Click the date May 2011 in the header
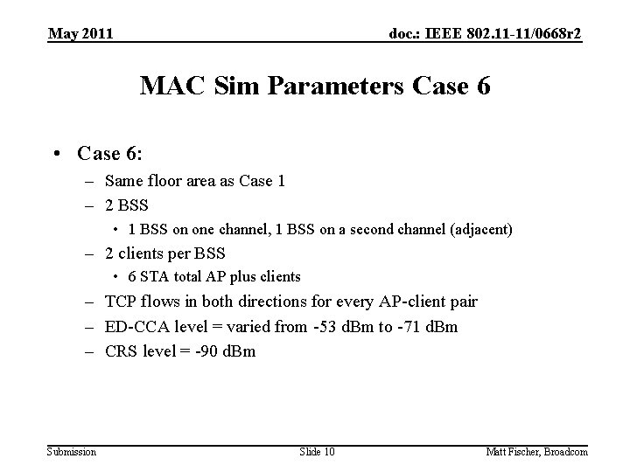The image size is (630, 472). pyautogui.click(x=80, y=34)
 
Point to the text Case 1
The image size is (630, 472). pyautogui.click(x=260, y=182)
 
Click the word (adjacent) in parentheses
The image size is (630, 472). pyautogui.click(x=480, y=229)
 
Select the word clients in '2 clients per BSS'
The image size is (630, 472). pyautogui.click(x=149, y=253)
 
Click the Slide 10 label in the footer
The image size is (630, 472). pyautogui.click(x=318, y=451)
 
